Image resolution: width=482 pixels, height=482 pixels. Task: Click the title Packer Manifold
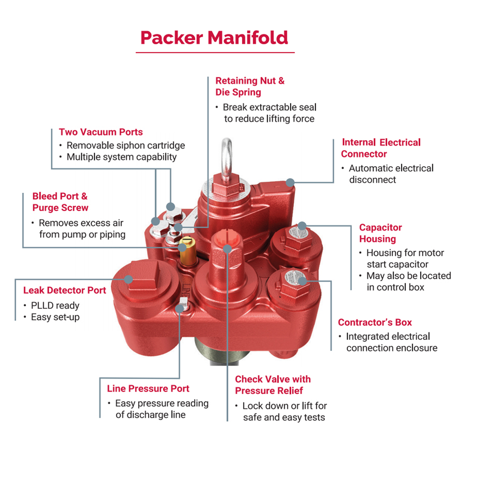point(214,38)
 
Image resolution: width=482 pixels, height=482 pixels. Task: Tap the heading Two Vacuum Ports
point(100,132)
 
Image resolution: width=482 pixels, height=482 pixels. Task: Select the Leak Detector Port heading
point(65,290)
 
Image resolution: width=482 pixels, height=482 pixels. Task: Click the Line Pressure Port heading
point(148,389)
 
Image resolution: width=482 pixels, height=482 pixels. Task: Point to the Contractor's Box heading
point(375,322)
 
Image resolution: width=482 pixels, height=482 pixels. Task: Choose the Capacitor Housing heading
point(380,233)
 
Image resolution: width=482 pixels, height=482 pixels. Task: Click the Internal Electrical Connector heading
point(381,148)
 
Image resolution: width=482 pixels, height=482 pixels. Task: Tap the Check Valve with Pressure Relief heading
point(273,385)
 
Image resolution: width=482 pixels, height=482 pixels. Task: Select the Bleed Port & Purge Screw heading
point(60,202)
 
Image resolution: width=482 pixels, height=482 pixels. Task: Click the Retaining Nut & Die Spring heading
point(250,86)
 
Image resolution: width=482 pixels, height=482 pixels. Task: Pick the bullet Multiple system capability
point(122,157)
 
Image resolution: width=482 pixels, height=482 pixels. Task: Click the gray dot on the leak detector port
point(128,280)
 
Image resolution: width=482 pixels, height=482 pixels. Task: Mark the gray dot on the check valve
point(227,248)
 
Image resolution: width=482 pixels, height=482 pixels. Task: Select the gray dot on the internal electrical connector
point(290,182)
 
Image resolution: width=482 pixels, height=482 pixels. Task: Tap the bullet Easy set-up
point(55,317)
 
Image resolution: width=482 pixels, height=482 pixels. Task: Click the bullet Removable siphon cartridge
point(126,145)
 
